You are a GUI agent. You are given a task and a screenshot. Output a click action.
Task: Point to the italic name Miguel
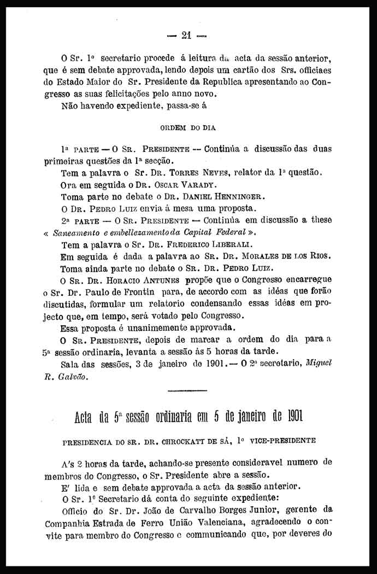coord(319,363)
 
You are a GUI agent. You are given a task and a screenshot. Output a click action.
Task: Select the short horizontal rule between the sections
coord(188,390)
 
